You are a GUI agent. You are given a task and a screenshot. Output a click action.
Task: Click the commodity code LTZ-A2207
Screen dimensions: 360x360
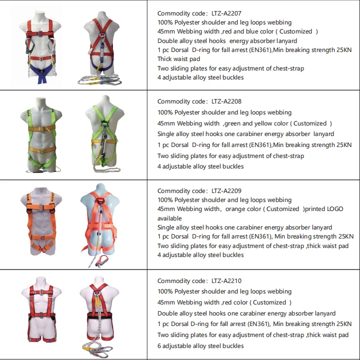pyautogui.click(x=226, y=13)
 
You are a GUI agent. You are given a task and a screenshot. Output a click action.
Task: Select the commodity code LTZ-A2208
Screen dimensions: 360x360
pyautogui.click(x=226, y=101)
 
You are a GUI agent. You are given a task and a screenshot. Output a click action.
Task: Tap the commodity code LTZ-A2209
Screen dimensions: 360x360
pyautogui.click(x=226, y=190)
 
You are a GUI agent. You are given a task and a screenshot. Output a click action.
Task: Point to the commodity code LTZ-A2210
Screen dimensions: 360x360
pyautogui.click(x=226, y=281)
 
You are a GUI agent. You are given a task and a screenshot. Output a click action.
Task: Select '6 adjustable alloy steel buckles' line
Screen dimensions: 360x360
pyautogui.click(x=200, y=346)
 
